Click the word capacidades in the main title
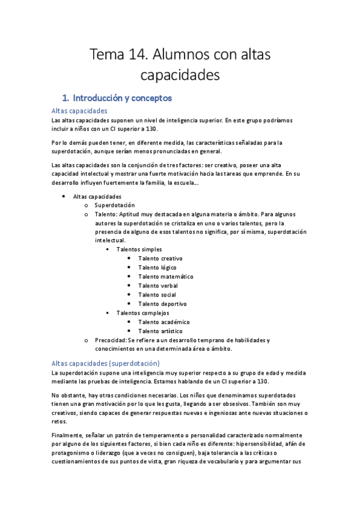(180, 76)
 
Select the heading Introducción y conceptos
(122, 97)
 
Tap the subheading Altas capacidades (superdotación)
(106, 363)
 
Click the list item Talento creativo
(160, 259)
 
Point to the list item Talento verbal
(157, 286)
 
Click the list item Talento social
(156, 295)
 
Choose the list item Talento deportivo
(162, 304)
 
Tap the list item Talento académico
(163, 322)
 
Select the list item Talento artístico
(161, 331)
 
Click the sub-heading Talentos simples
(139, 249)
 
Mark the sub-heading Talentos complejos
(142, 313)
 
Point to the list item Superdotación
(115, 205)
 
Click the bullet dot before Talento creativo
(129, 259)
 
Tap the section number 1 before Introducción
(65, 97)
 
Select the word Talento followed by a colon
(105, 214)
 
